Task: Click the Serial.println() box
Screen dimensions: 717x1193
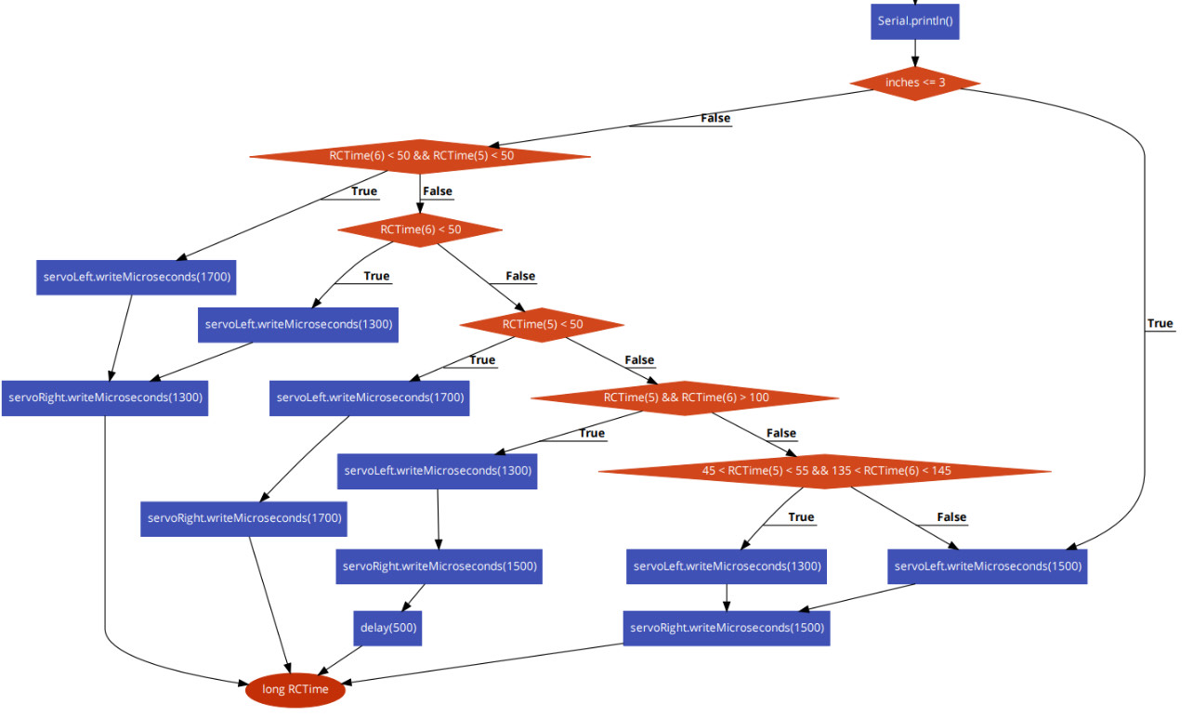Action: (915, 20)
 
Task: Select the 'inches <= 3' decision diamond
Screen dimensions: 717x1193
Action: (915, 83)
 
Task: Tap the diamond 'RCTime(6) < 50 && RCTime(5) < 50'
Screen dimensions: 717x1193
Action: (420, 156)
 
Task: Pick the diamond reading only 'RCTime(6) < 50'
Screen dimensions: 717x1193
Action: (420, 229)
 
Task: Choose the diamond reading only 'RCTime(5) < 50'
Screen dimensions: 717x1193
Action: (542, 324)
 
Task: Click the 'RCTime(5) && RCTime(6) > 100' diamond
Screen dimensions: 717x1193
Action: (685, 398)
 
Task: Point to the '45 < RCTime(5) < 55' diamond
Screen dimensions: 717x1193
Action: (825, 471)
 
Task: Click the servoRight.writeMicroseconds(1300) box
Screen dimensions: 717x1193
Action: (103, 398)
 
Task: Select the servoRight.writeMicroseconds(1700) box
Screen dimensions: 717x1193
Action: (244, 517)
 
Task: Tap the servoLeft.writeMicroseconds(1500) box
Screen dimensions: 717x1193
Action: (987, 566)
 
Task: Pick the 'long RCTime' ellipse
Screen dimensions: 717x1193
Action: (295, 689)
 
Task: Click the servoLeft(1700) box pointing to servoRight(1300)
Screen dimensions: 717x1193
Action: (137, 277)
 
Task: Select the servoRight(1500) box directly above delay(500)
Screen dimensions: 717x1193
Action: (439, 566)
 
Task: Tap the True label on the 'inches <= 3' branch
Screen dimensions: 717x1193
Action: (1160, 323)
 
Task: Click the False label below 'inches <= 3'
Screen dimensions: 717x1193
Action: (714, 118)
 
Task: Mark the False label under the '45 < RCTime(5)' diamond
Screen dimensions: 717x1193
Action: (950, 517)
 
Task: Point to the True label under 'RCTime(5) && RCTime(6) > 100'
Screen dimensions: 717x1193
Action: (591, 433)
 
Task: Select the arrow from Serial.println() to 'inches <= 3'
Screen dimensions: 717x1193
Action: (915, 52)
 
